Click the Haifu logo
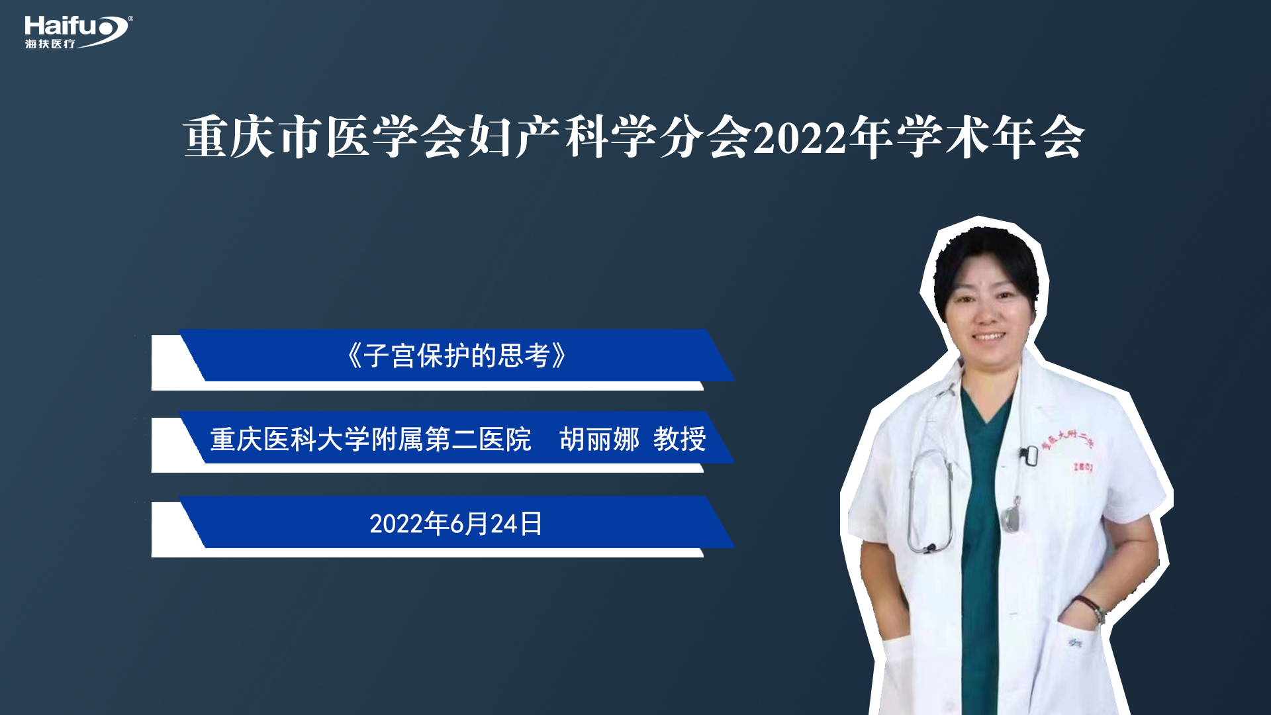tap(78, 32)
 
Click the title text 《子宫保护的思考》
tap(456, 356)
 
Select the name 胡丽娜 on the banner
tap(599, 439)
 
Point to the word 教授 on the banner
tap(680, 439)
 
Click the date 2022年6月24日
tap(456, 524)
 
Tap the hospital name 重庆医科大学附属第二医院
tap(371, 440)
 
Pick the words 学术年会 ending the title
tap(990, 138)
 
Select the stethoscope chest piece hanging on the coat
tap(1010, 517)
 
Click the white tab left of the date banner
tap(175, 529)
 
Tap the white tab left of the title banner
tap(175, 362)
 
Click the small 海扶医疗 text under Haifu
tap(50, 44)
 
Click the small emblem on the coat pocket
tap(1074, 642)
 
